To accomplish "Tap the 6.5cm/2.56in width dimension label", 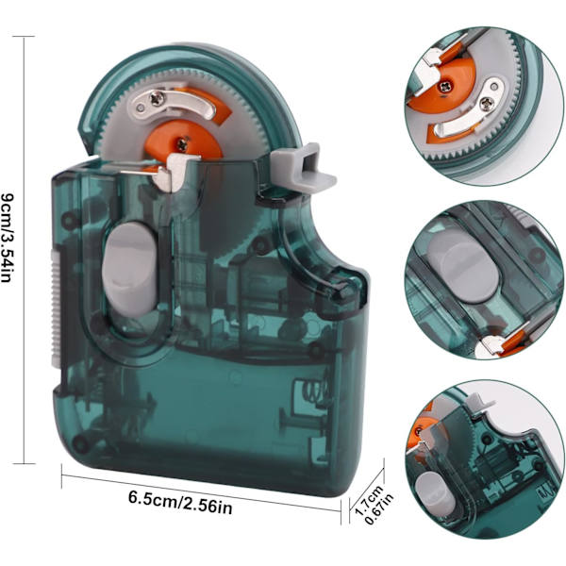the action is pos(180,503).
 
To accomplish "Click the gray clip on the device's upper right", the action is pos(303,167).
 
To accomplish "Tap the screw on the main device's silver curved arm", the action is pos(158,98).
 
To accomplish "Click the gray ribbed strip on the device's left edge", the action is pos(55,309).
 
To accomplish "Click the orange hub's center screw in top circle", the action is pos(443,86).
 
